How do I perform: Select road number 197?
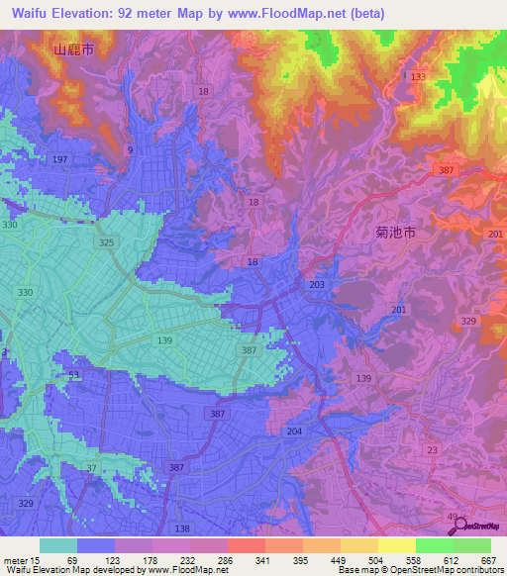point(59,159)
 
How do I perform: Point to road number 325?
point(108,241)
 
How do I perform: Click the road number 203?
point(317,285)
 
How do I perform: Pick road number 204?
point(294,432)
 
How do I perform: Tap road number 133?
point(418,76)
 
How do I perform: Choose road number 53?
point(74,375)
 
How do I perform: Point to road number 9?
point(130,148)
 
